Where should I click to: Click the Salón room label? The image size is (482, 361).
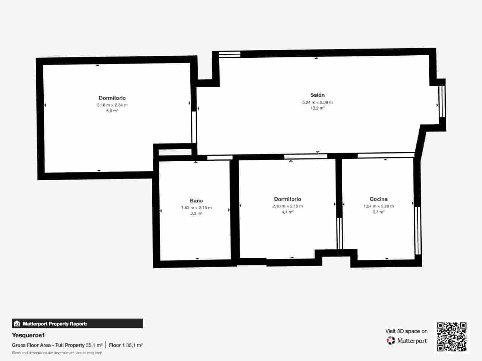(318, 95)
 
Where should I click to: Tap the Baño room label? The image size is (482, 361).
(196, 201)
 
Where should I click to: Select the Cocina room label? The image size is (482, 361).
(378, 199)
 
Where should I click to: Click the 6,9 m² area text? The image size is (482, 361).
(112, 111)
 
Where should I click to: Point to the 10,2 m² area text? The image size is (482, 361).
(318, 108)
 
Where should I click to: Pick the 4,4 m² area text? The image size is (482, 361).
(287, 212)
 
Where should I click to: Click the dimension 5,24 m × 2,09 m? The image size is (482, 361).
(318, 102)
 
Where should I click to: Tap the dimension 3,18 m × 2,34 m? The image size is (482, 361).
(112, 105)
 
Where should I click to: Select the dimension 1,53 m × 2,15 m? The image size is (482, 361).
(196, 208)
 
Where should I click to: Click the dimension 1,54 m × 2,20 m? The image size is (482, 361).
(378, 206)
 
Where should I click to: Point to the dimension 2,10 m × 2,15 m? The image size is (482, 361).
(287, 206)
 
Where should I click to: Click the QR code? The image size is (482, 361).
(452, 337)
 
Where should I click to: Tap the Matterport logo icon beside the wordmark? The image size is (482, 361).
(390, 341)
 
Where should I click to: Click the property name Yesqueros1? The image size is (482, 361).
(28, 335)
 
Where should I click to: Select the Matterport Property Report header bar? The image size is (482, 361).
(77, 324)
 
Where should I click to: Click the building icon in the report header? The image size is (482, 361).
(17, 324)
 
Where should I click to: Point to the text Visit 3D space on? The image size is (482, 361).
(406, 331)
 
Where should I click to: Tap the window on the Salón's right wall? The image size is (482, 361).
(442, 101)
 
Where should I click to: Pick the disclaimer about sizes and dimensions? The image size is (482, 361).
(57, 353)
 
